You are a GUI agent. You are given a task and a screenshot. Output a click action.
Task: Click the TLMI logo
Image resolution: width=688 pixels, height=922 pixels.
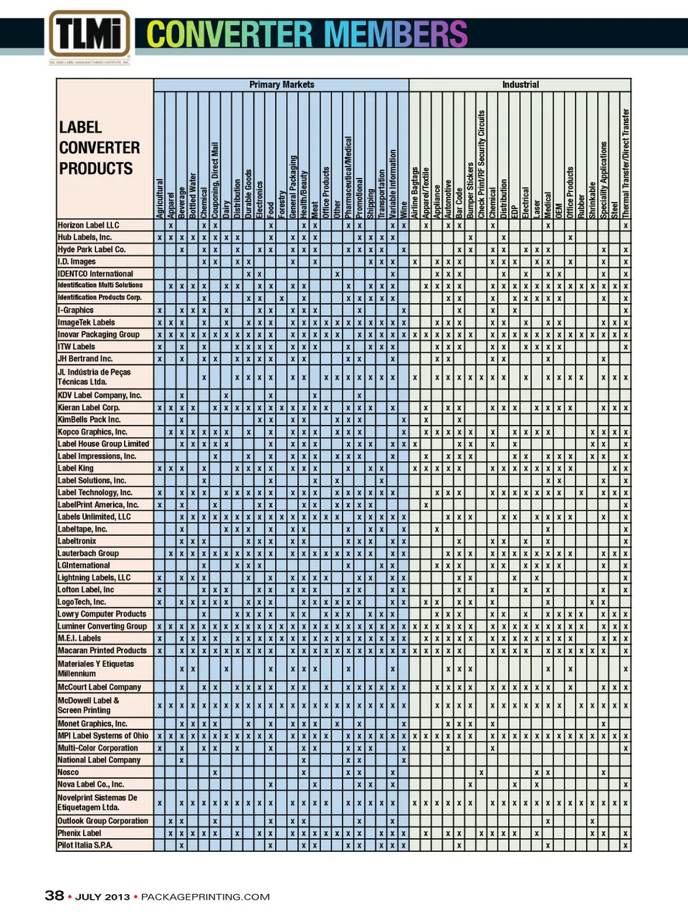point(90,34)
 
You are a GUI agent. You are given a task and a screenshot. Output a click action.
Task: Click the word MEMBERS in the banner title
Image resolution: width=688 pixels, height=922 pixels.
point(396,34)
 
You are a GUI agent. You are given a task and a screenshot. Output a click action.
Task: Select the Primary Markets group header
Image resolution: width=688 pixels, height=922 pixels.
point(281,85)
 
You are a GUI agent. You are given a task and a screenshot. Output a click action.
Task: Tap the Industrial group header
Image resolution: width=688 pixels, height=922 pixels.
point(520,85)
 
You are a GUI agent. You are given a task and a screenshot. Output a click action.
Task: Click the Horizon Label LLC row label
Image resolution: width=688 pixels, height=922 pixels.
point(89,225)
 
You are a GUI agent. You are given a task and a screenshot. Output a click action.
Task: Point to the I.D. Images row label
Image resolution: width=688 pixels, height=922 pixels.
point(77,261)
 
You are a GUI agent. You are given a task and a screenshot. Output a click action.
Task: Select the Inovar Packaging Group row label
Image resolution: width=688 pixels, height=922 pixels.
point(99,335)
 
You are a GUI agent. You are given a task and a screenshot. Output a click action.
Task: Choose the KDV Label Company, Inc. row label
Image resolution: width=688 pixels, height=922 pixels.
point(100,395)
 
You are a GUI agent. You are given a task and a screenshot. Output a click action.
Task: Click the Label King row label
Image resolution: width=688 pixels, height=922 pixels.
point(76,469)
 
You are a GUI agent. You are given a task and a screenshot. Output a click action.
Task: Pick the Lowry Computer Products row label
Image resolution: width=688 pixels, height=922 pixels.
point(102,614)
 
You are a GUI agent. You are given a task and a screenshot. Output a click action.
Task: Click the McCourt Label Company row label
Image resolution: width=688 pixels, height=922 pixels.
point(100,687)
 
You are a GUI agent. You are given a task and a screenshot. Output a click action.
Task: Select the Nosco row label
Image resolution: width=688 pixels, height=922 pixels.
point(68,772)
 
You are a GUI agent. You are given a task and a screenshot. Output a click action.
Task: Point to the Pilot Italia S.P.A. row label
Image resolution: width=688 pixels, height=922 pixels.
point(85,845)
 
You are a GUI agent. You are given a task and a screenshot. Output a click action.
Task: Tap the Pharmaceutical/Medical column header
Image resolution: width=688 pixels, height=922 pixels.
point(348,178)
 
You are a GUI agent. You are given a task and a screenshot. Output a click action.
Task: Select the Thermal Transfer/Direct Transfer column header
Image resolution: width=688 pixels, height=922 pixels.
point(626,164)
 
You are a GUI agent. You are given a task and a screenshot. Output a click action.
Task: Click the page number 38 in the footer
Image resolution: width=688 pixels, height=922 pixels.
point(54,895)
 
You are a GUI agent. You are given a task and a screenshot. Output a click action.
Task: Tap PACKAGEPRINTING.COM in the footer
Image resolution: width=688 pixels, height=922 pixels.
point(205,897)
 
